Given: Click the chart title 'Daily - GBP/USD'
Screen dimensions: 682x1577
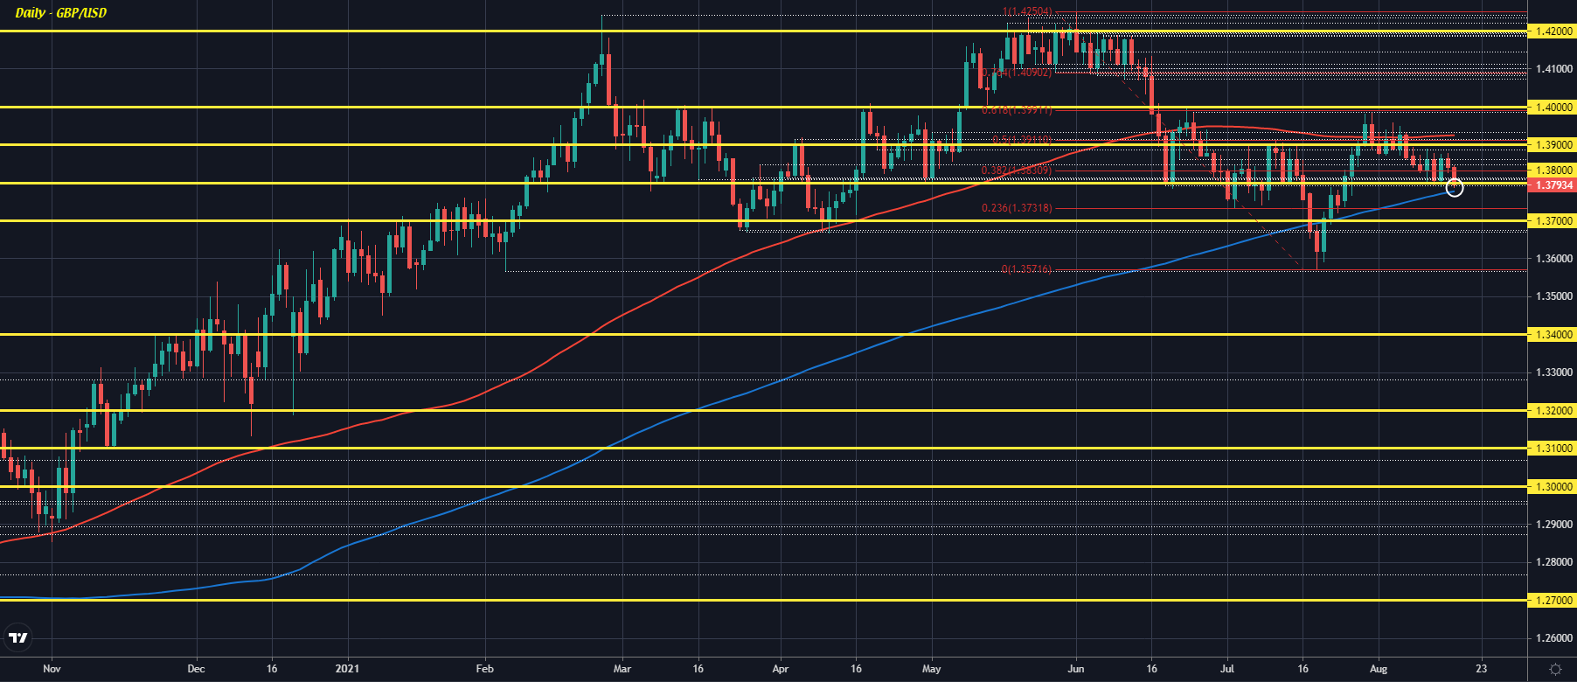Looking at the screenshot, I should (61, 13).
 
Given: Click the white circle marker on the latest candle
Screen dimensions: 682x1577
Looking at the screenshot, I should (1455, 187).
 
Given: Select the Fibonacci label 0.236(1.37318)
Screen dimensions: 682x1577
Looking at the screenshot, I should (1017, 208).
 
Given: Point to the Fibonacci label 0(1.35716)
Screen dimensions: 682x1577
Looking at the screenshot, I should (1026, 269).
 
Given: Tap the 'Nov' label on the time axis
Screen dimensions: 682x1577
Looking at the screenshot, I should (52, 669).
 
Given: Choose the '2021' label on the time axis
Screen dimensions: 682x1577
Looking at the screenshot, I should (348, 669).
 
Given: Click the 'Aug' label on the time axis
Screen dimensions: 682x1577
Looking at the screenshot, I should (1379, 669).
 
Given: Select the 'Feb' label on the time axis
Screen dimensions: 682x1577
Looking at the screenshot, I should (484, 669).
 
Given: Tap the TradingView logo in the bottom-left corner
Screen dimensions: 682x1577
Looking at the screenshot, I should (18, 638).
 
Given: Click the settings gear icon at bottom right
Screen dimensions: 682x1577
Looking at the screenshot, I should (1555, 669).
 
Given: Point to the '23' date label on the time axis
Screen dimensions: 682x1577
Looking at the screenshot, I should (1481, 669).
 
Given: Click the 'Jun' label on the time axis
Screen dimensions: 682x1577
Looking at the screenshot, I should (1076, 669).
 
